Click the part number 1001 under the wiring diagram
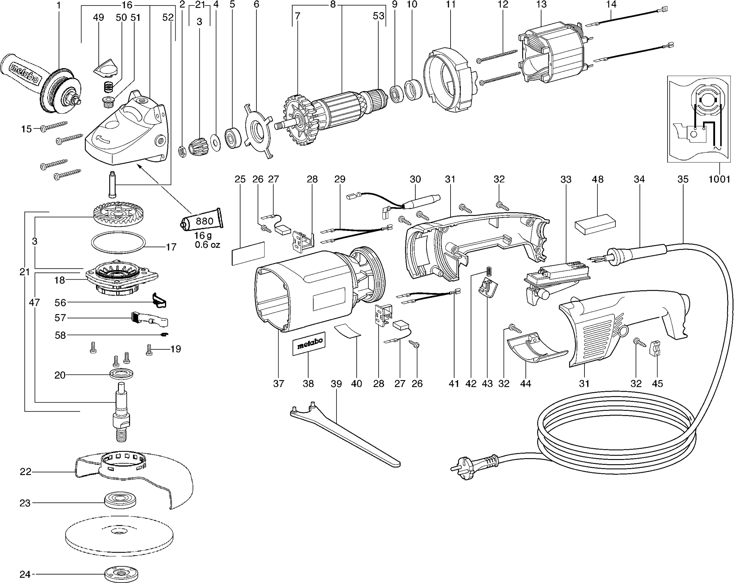click(x=719, y=179)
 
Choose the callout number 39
click(x=336, y=384)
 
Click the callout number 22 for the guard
click(x=25, y=471)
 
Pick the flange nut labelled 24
click(x=122, y=575)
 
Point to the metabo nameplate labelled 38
click(x=309, y=344)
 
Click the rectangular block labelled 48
click(x=595, y=225)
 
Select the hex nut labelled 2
click(x=182, y=150)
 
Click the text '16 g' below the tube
click(x=203, y=235)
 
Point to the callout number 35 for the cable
click(x=683, y=179)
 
